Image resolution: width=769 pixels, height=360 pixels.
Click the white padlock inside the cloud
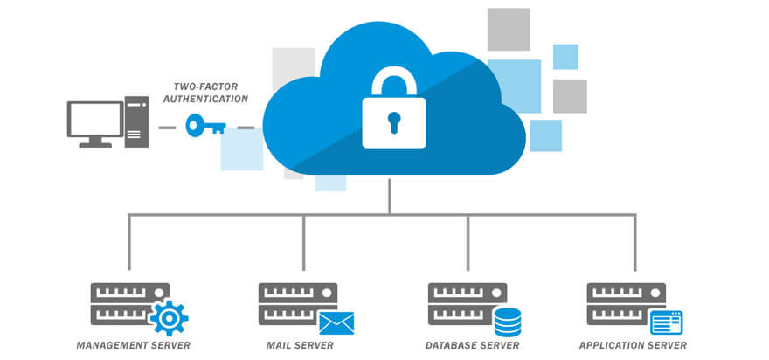pos(393,120)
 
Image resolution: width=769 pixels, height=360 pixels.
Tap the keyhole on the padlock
pos(393,121)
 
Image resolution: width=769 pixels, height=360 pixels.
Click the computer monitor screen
pos(95,120)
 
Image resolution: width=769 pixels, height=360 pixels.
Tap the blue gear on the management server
pos(168,318)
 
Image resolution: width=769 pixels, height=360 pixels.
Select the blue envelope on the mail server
pos(336,323)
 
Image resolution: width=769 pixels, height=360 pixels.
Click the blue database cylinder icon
pos(508,322)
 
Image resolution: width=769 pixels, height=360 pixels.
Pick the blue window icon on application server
pos(666,322)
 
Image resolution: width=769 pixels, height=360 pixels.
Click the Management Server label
pos(133,346)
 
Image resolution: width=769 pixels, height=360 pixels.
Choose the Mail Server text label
pos(300,346)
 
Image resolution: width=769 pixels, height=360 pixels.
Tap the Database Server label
pos(472,346)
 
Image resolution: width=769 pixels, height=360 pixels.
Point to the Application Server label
pos(633,346)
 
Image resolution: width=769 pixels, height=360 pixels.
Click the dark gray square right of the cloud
pos(570,96)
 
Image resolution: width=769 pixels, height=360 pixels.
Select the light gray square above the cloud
pos(509,30)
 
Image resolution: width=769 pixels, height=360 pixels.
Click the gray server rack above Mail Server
pos(287,303)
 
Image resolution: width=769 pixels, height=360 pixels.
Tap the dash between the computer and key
pos(167,128)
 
